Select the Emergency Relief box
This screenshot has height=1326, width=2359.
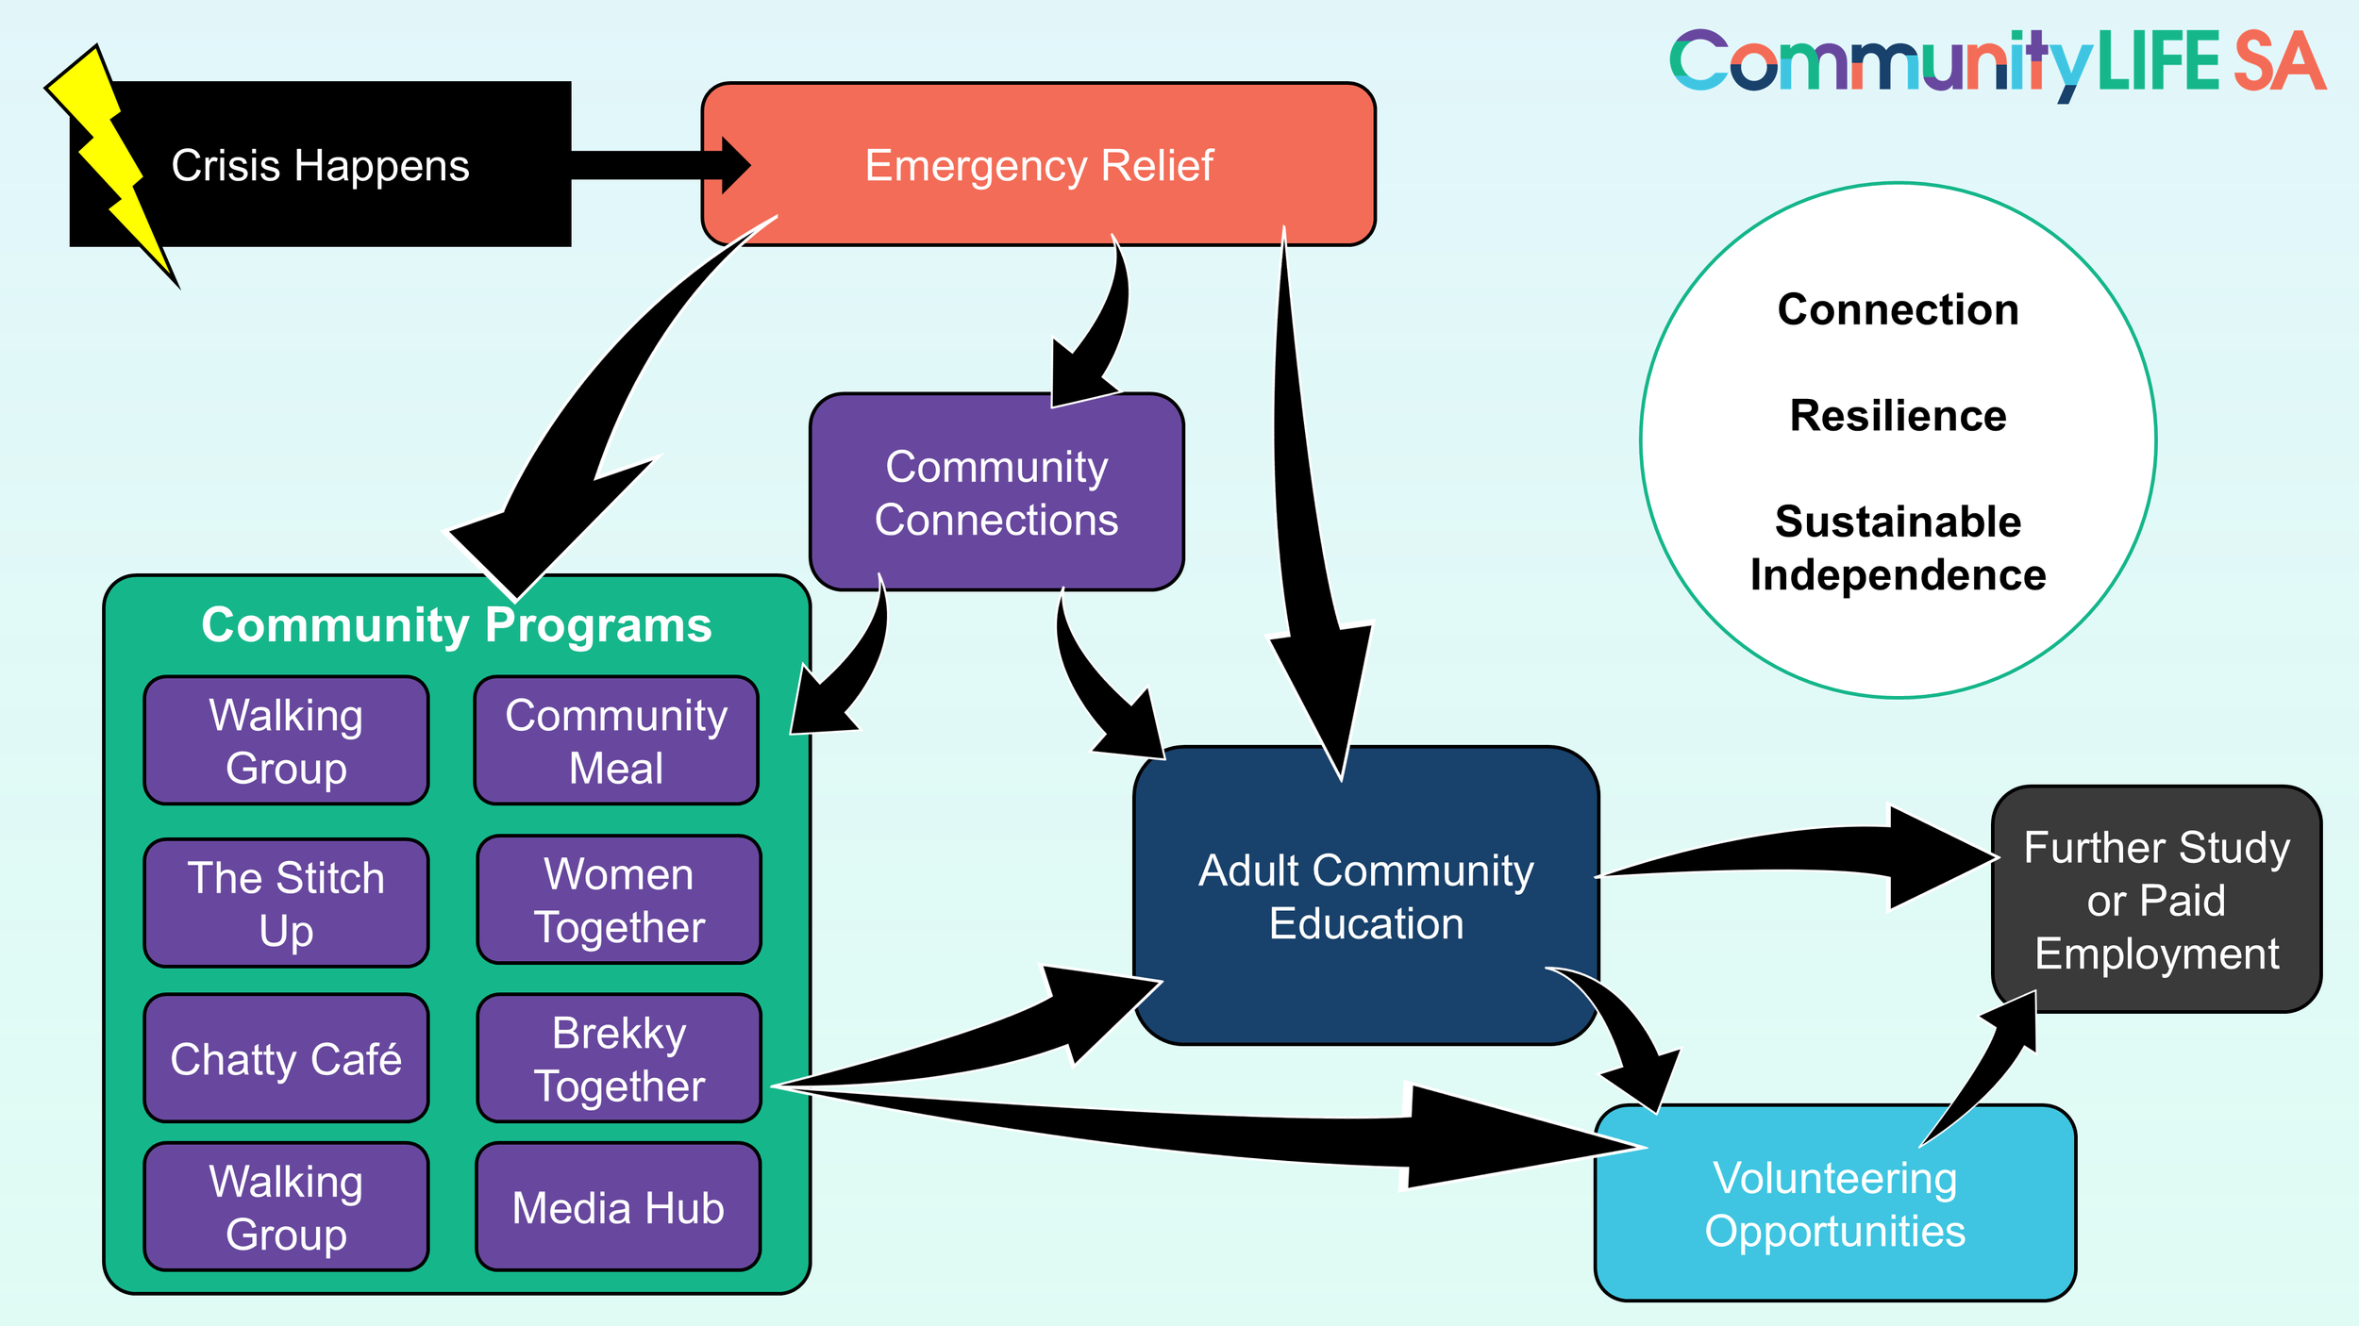(x=1038, y=164)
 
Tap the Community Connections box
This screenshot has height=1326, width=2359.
(x=996, y=492)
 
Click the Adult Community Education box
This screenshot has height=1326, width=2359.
(x=1366, y=896)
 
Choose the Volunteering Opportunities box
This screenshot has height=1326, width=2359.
(x=1834, y=1203)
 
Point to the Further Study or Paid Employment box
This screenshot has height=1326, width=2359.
(x=2156, y=900)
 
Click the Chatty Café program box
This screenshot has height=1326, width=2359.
(x=286, y=1058)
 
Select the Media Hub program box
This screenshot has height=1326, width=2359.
(x=618, y=1207)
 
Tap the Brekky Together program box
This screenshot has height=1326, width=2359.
(x=619, y=1058)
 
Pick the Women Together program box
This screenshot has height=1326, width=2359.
(x=619, y=900)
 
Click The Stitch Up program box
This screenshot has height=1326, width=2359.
(x=286, y=903)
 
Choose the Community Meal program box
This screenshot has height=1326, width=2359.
(x=616, y=740)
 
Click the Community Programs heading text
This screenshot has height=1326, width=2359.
(x=457, y=625)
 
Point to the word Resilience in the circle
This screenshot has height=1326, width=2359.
(x=1899, y=416)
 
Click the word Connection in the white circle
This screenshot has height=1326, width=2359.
(x=1899, y=309)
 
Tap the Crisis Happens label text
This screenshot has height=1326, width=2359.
(x=320, y=166)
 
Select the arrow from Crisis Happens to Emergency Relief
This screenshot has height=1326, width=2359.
(x=661, y=165)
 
